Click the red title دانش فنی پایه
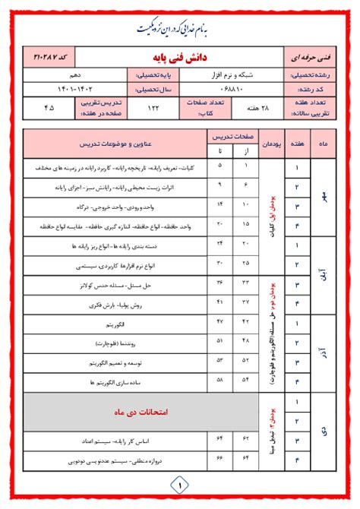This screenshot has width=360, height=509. (180, 57)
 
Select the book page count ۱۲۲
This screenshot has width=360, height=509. (153, 108)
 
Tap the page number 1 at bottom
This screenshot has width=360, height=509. (180, 482)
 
